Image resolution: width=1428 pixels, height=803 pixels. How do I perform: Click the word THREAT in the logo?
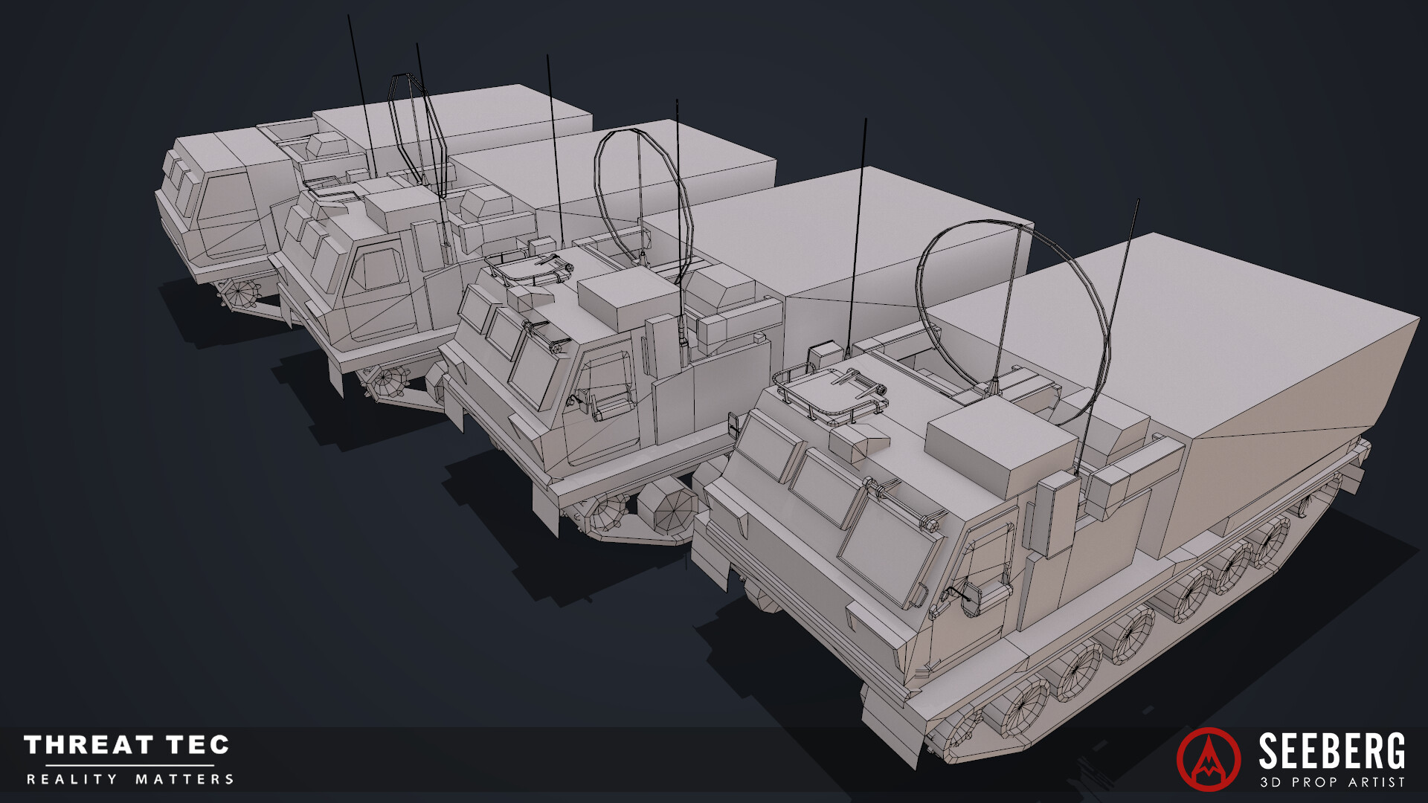point(89,745)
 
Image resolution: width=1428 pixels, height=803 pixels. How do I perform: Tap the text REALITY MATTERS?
point(130,779)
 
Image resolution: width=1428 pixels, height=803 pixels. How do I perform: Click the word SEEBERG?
point(1331,752)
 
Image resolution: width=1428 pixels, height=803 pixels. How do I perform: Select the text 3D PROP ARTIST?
point(1332,781)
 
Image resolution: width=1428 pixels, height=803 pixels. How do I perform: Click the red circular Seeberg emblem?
point(1209,758)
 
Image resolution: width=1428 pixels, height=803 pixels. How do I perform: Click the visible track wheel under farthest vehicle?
point(239,293)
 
